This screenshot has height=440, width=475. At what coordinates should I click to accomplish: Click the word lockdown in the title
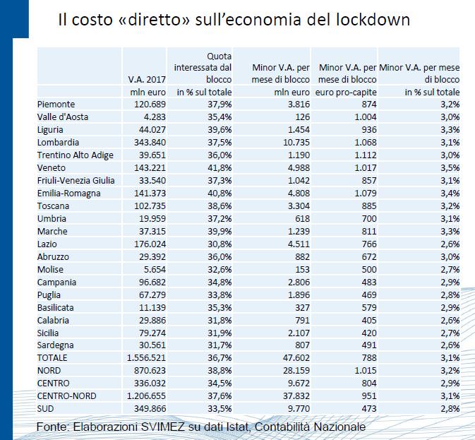[373, 19]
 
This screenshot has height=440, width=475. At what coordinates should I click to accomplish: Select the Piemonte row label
[56, 105]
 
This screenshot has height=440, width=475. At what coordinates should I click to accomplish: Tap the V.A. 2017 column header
[147, 79]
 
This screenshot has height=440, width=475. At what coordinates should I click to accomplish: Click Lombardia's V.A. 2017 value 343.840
[150, 143]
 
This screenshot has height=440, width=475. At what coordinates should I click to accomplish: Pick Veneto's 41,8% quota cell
[220, 168]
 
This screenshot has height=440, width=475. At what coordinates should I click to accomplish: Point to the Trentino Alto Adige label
[75, 155]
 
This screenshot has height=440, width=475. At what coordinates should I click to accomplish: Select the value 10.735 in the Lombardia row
[296, 143]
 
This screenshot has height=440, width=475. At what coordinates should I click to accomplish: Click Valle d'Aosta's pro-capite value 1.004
[366, 117]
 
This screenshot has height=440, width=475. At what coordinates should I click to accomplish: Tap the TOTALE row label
[52, 358]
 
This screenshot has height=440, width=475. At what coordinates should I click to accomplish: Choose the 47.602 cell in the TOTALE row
[296, 358]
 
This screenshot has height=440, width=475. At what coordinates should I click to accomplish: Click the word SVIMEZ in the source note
[162, 427]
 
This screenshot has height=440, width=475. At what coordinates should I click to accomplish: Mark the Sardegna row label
[56, 345]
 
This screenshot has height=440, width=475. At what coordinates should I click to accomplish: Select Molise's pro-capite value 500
[369, 270]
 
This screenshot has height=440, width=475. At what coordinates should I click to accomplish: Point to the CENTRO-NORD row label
[66, 396]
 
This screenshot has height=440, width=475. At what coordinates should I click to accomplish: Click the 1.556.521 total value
[146, 358]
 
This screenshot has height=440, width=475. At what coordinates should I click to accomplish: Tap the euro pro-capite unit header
[346, 92]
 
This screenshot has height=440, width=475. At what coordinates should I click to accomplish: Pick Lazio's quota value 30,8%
[220, 244]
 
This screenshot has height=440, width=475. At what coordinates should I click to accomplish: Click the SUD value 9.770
[299, 409]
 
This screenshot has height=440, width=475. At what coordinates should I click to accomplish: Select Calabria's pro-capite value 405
[369, 321]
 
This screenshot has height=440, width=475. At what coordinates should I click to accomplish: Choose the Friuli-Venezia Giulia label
[76, 181]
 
